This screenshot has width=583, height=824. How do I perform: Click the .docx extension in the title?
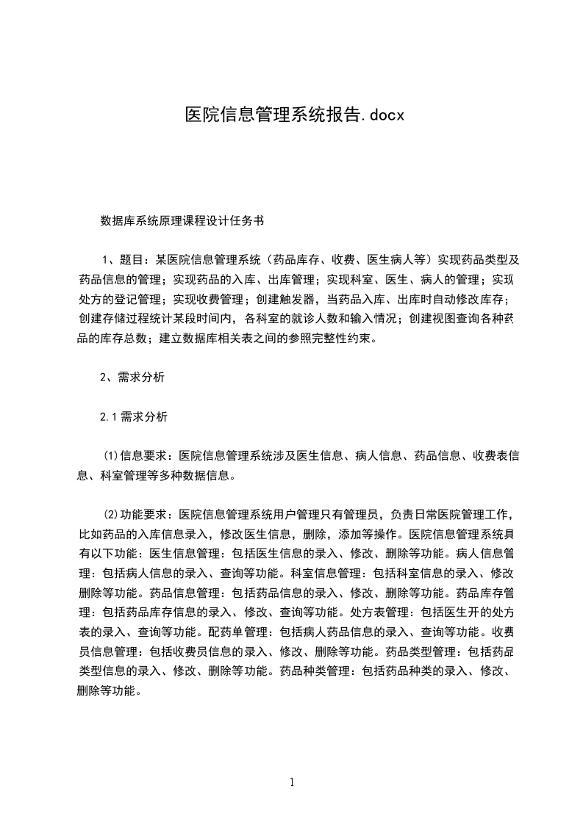383,115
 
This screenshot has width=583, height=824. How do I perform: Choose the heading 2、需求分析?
132,378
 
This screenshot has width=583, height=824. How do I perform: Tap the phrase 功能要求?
143,514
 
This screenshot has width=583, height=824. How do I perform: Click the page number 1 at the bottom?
292,783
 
